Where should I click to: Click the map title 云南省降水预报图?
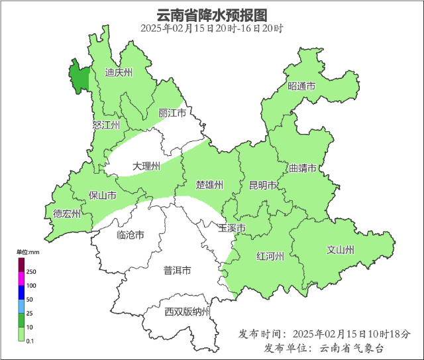[211, 15]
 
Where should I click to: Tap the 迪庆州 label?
[119, 73]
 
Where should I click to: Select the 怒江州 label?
[106, 125]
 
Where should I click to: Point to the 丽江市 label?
[172, 114]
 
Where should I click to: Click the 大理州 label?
[146, 166]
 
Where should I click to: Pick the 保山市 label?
[103, 196]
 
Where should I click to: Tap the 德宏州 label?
[67, 213]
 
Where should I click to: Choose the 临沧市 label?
[130, 235]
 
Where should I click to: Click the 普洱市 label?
[177, 270]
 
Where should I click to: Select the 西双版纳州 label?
[187, 312]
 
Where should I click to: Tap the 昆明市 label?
[262, 186]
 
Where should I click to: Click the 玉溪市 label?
[233, 229]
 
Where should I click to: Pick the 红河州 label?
[270, 257]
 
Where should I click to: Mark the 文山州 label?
[341, 250]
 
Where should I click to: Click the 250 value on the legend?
[31, 272]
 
